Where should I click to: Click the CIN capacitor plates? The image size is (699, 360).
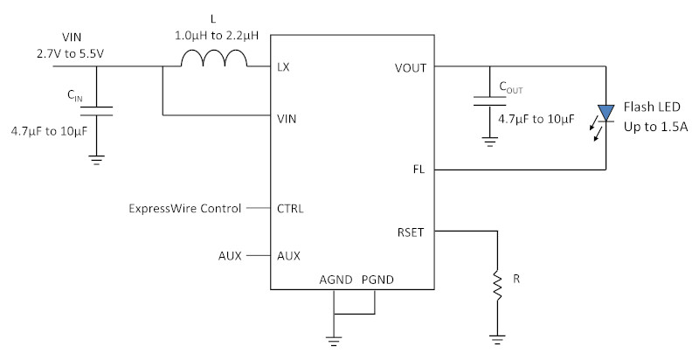tap(96, 111)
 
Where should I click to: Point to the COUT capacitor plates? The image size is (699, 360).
tap(489, 101)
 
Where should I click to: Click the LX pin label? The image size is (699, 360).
tap(283, 67)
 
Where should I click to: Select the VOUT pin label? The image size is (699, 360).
tap(410, 68)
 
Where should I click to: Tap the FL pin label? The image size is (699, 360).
tap(419, 170)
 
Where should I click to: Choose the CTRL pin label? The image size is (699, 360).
tap(290, 209)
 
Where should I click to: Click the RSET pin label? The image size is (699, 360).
tap(411, 232)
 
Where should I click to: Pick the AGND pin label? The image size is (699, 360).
tap(336, 280)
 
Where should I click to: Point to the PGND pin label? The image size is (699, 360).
tap(377, 280)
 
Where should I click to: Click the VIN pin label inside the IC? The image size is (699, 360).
tap(287, 119)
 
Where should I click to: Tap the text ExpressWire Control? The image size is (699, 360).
tap(185, 209)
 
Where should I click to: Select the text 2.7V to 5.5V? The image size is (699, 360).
tap(71, 54)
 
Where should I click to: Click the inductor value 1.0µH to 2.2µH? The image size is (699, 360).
tap(217, 36)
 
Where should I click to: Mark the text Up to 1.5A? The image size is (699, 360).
tap(656, 127)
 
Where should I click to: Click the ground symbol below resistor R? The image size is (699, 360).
tap(497, 340)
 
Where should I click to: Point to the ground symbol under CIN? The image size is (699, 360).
tap(96, 161)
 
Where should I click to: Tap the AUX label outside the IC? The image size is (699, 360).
tap(230, 256)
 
